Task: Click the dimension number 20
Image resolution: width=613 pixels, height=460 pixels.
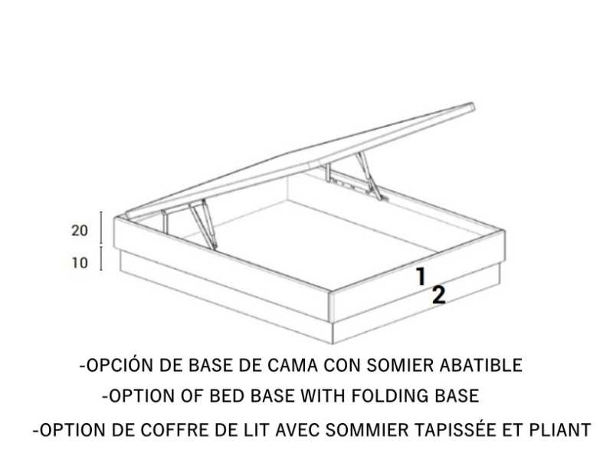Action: [x=80, y=231]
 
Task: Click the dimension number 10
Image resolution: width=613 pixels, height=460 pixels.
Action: [x=80, y=263]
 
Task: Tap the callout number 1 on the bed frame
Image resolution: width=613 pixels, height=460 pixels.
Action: [x=421, y=276]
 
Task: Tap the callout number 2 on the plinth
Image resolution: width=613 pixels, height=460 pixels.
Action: [x=438, y=295]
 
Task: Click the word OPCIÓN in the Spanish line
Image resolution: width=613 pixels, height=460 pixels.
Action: [x=116, y=365]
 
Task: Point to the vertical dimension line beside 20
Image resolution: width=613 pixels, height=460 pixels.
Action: [x=101, y=228]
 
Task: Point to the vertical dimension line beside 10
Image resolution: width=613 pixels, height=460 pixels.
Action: [x=101, y=261]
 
